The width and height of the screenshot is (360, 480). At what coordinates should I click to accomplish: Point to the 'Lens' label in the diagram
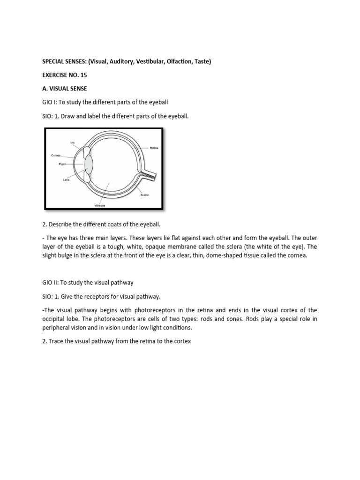[x=66, y=180]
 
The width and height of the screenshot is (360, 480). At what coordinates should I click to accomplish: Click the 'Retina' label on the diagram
[x=154, y=148]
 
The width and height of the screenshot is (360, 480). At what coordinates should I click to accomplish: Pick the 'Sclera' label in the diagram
[x=144, y=195]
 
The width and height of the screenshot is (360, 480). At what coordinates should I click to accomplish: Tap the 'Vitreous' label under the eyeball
[x=99, y=205]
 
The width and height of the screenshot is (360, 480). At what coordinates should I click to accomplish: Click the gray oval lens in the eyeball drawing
[x=89, y=165]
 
